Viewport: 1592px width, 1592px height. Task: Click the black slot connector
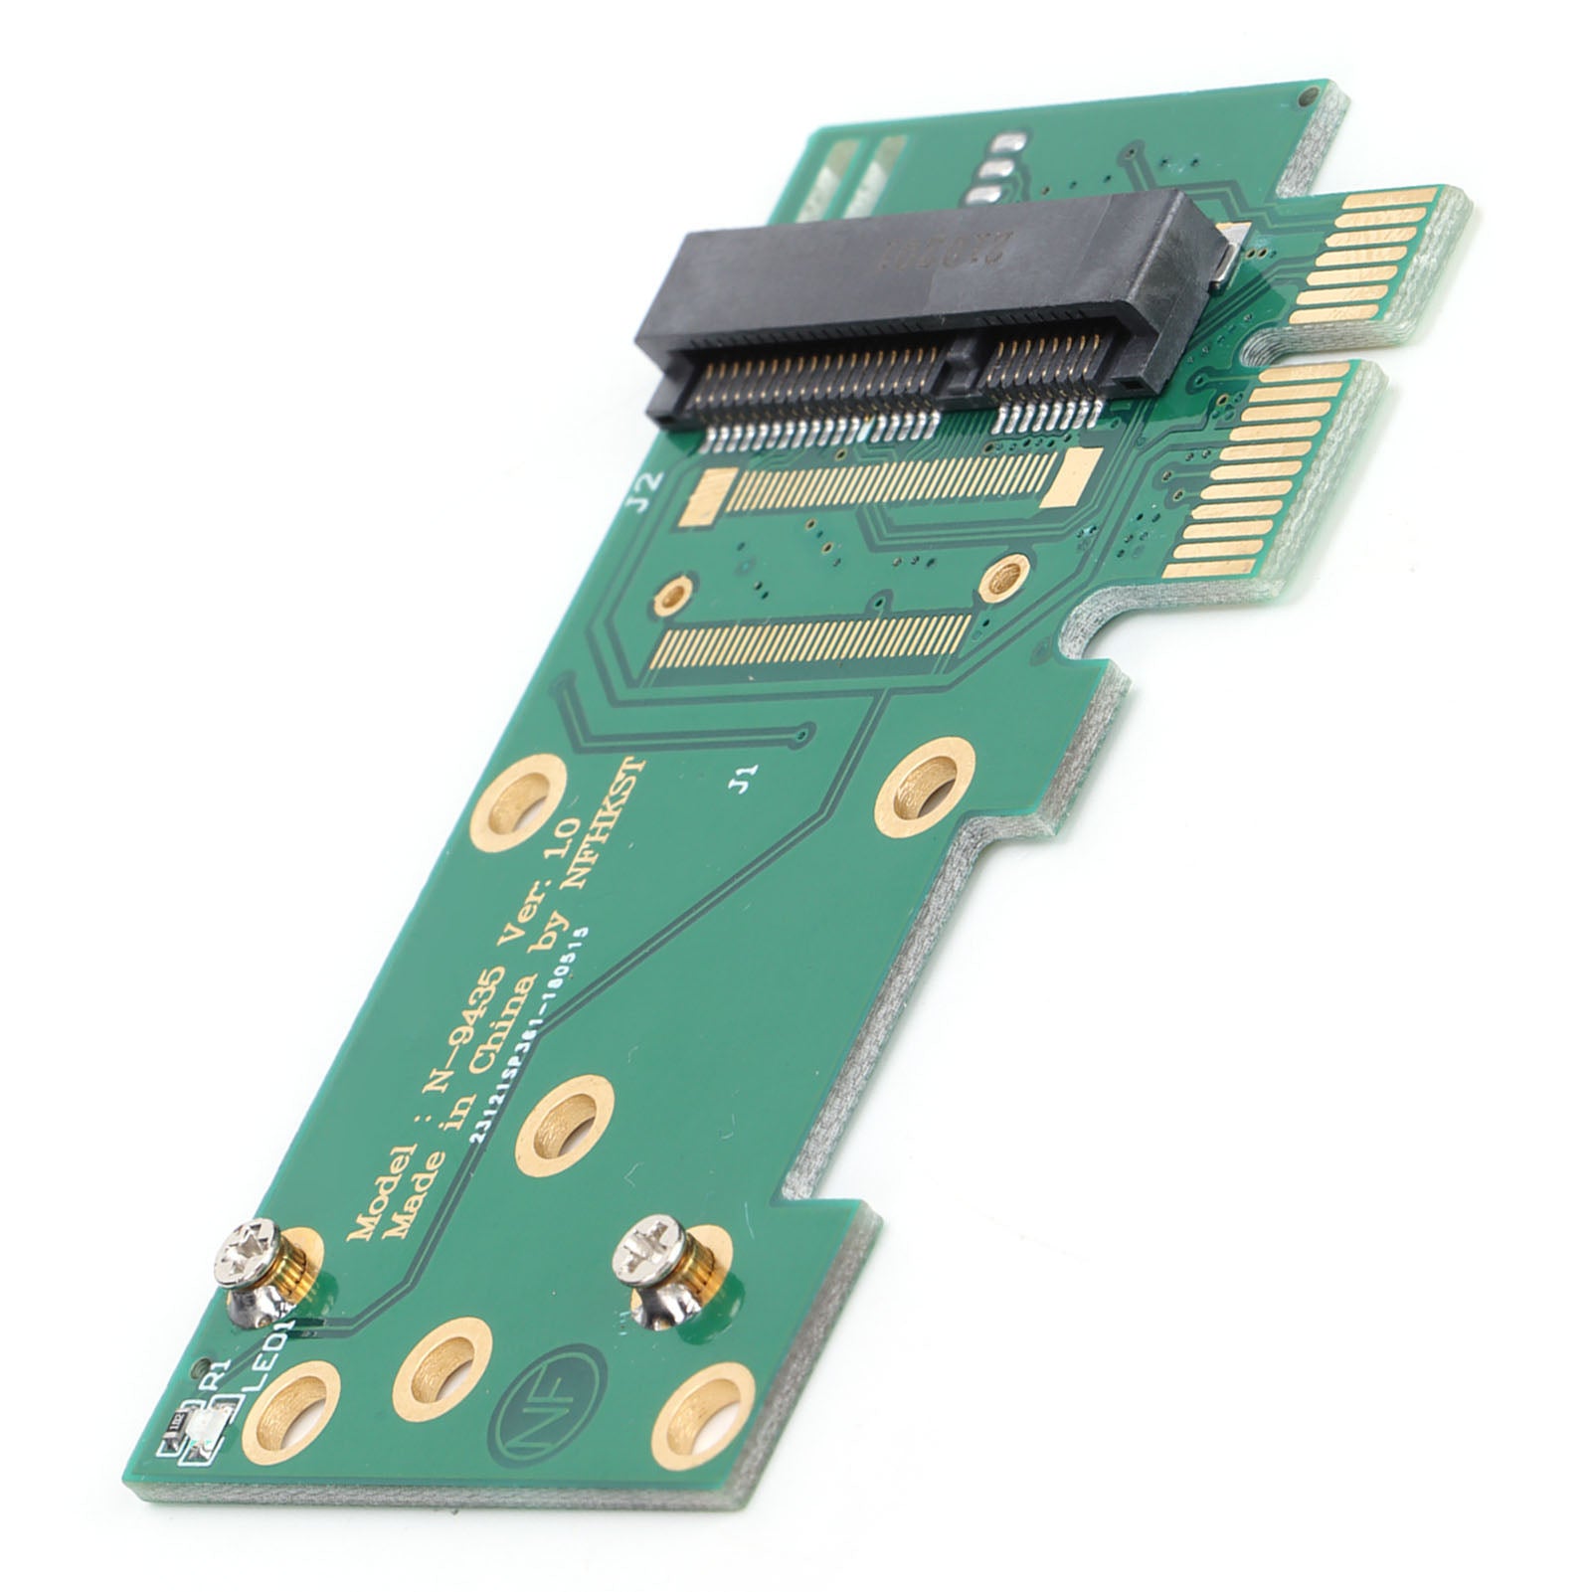(925, 298)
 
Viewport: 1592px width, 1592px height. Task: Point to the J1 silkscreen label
(744, 774)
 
